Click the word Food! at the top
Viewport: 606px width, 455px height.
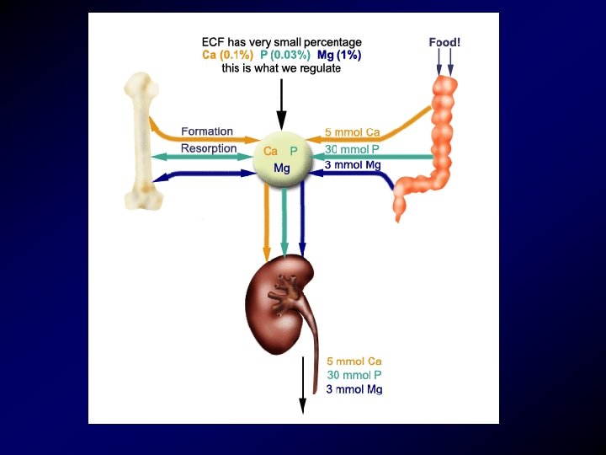click(x=444, y=42)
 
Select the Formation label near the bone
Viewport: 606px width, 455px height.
click(x=207, y=132)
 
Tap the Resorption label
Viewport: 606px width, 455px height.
click(x=209, y=148)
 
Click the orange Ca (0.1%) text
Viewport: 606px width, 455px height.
click(x=228, y=55)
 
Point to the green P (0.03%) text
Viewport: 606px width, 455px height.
click(x=284, y=55)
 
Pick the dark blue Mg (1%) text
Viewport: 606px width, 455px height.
click(x=339, y=55)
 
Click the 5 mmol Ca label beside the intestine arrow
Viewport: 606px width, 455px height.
click(x=353, y=132)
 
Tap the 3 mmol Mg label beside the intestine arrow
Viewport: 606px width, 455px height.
click(x=353, y=165)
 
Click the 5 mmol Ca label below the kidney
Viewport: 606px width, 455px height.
click(x=354, y=361)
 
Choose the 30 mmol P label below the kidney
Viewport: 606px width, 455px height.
click(x=354, y=375)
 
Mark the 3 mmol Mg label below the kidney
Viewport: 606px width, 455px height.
click(x=354, y=389)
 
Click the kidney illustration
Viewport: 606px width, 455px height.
click(x=278, y=295)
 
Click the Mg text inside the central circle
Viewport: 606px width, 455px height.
click(x=282, y=169)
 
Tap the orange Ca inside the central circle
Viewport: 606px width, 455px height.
click(x=271, y=151)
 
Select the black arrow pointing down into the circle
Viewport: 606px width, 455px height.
click(x=282, y=105)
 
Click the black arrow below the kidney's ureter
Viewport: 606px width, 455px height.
click(x=301, y=392)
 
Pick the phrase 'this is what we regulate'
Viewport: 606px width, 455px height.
click(x=281, y=68)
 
